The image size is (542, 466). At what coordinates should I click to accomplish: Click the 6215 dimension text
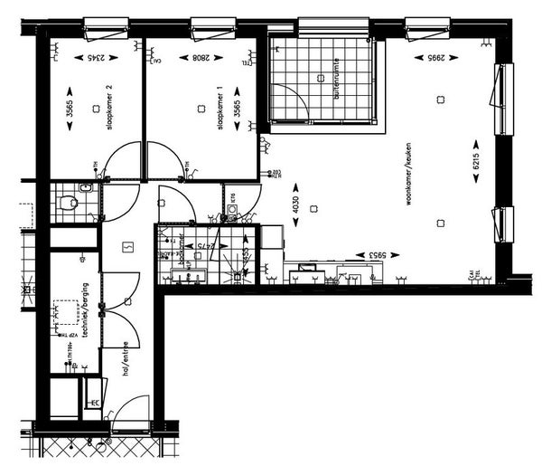click(x=477, y=163)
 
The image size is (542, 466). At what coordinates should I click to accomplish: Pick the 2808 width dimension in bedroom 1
click(x=201, y=59)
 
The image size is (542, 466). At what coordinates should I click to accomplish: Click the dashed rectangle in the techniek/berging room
click(x=66, y=312)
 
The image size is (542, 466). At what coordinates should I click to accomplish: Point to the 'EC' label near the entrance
click(x=94, y=403)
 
